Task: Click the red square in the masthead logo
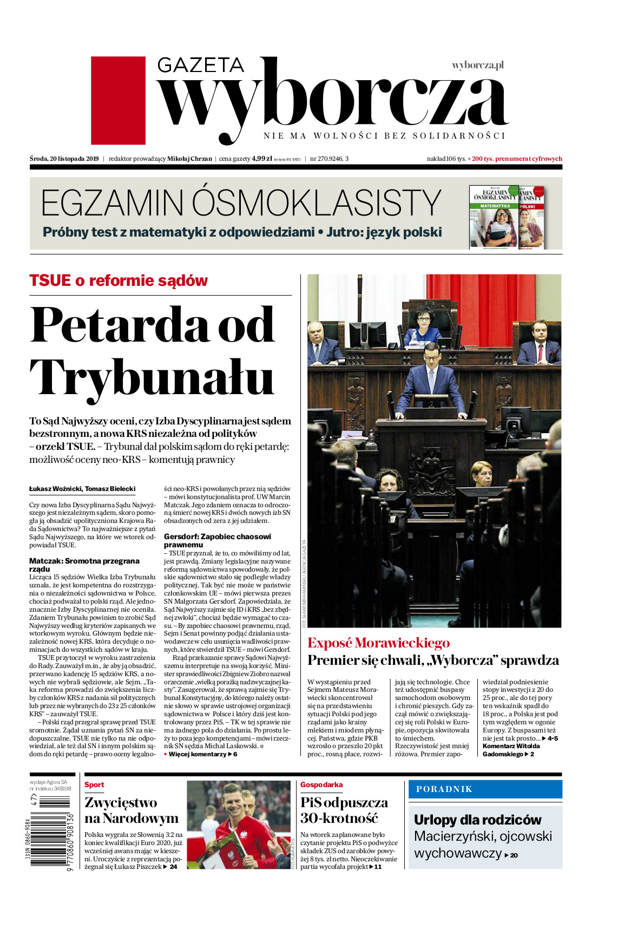point(118,100)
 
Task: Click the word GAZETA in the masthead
point(201,66)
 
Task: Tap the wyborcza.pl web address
point(477,66)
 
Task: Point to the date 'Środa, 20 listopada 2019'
point(64,159)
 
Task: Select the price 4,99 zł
point(261,159)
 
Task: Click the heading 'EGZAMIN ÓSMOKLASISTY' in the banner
point(241,203)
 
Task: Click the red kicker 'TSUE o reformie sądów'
point(119,280)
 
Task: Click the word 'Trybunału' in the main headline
point(152,377)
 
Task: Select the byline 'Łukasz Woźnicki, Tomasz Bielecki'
point(82,489)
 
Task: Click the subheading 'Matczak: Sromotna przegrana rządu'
point(84,565)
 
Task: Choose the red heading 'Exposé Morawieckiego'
point(378,643)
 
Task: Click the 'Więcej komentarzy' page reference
point(200,754)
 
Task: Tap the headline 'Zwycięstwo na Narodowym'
point(132,810)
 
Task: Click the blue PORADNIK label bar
point(485,789)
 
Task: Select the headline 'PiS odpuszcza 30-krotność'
point(344,810)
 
